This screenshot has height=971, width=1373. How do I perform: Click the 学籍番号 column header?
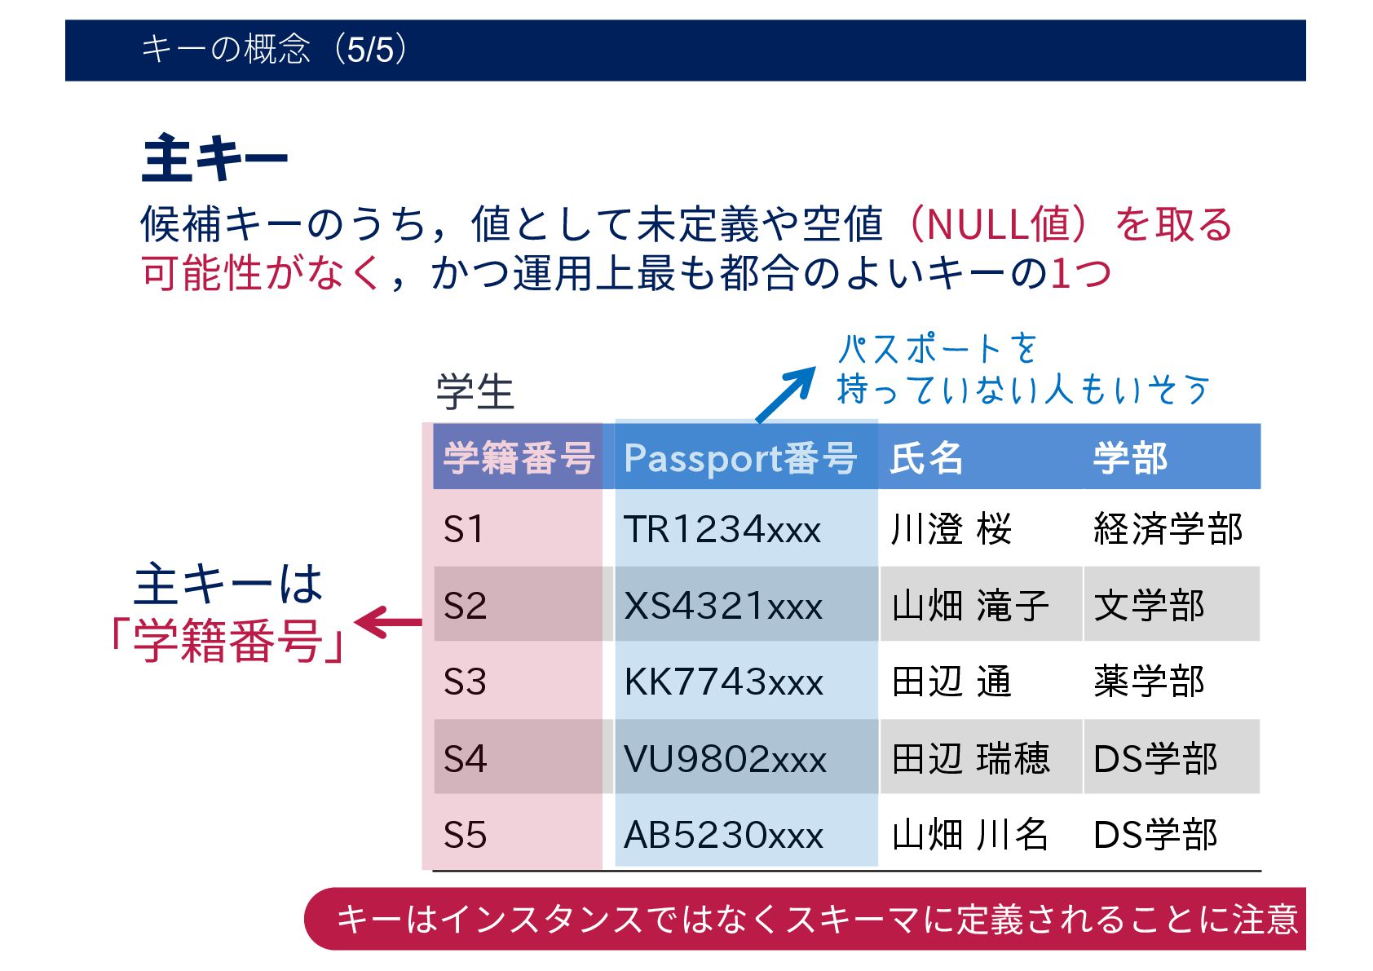tap(518, 457)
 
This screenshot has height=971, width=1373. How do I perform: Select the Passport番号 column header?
tap(739, 457)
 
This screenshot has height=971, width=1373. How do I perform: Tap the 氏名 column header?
tap(926, 457)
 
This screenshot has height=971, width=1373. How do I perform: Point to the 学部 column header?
tap(1130, 457)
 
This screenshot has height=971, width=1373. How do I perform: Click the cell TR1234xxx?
tap(722, 529)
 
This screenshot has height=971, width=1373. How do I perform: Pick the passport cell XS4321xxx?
tap(723, 606)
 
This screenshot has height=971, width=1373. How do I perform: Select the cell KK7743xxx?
tap(723, 682)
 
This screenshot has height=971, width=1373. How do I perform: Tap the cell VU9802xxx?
tap(725, 759)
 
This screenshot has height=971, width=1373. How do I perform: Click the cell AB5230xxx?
tap(723, 835)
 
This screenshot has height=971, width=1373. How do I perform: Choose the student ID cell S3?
tap(465, 682)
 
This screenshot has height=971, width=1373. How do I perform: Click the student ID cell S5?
tap(465, 835)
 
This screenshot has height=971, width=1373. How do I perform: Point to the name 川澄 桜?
tap(951, 529)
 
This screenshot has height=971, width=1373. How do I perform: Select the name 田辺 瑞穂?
tap(970, 759)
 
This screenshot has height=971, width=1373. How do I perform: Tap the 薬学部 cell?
tap(1149, 682)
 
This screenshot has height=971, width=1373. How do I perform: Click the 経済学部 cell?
tap(1168, 529)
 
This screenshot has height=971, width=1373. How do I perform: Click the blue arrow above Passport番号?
tap(785, 395)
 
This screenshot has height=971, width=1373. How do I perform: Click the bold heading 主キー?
tap(214, 159)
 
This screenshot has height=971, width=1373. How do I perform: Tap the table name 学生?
tap(475, 392)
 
